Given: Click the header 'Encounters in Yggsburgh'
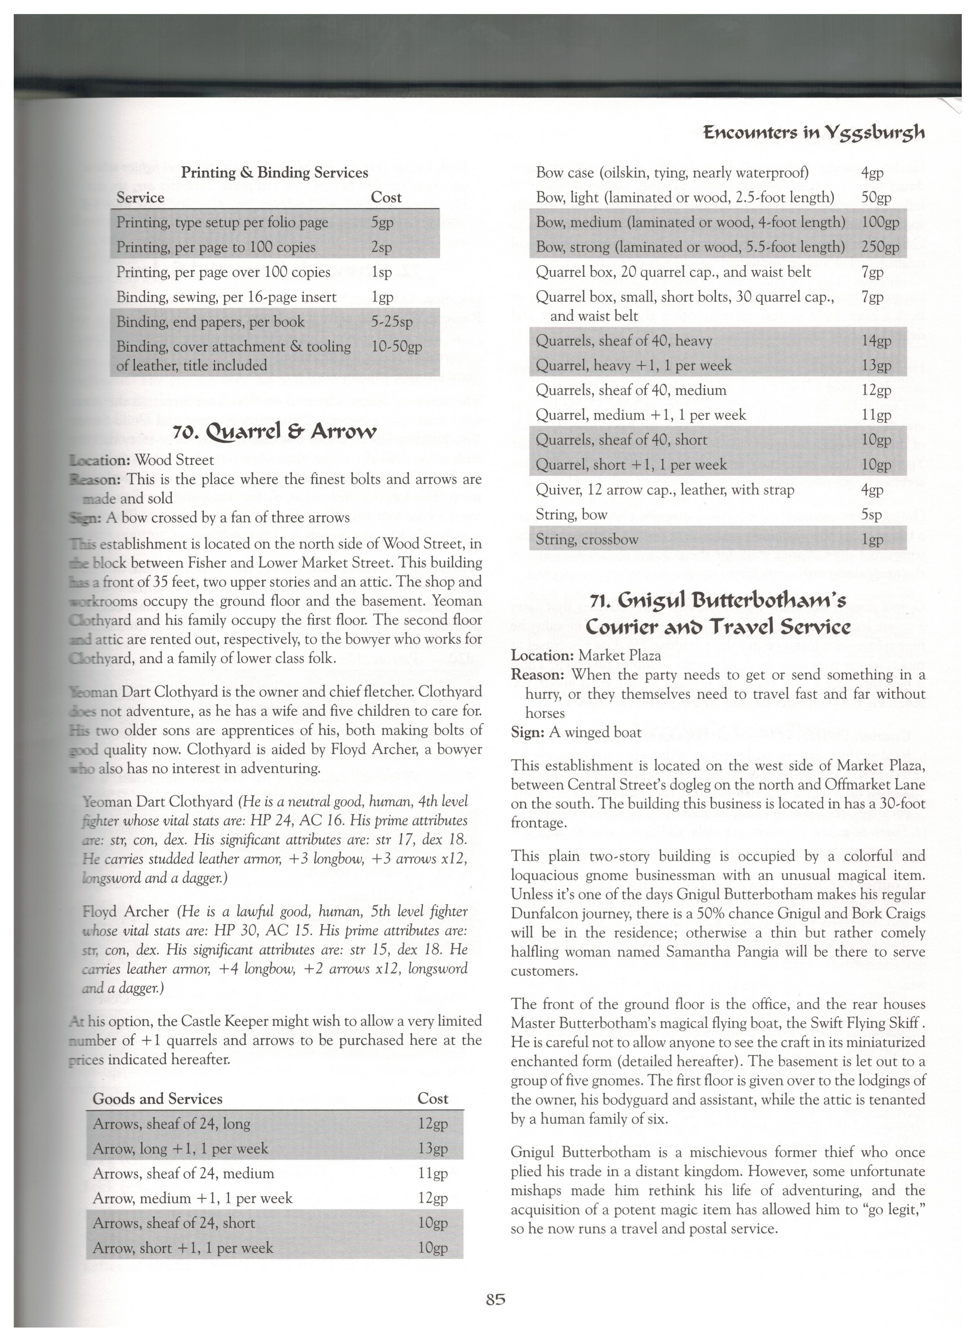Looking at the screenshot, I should click(x=814, y=132).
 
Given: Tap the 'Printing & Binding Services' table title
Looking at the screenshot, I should click(x=274, y=173).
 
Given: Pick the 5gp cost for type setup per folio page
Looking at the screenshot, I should click(x=382, y=223).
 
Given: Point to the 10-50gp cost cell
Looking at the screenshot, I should click(x=396, y=346).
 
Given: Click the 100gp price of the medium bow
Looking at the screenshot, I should click(x=880, y=222).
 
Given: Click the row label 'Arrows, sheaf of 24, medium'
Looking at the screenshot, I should click(x=183, y=1173).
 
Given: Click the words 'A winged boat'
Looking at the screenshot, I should click(x=595, y=732).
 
